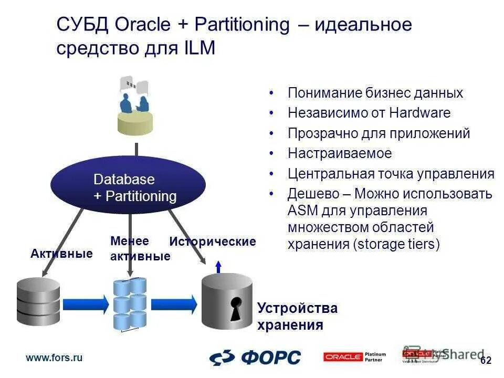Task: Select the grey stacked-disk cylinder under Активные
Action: [38, 301]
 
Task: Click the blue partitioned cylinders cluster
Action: [130, 303]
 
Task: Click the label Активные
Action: [61, 254]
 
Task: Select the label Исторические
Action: [213, 241]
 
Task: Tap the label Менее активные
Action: [140, 248]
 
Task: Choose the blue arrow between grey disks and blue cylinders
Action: [85, 304]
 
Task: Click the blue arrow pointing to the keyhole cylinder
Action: [173, 304]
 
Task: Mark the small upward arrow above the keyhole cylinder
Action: [218, 267]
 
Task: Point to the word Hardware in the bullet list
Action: [420, 113]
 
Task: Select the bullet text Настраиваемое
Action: [340, 154]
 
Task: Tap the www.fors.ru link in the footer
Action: [54, 358]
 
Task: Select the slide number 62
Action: [486, 360]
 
